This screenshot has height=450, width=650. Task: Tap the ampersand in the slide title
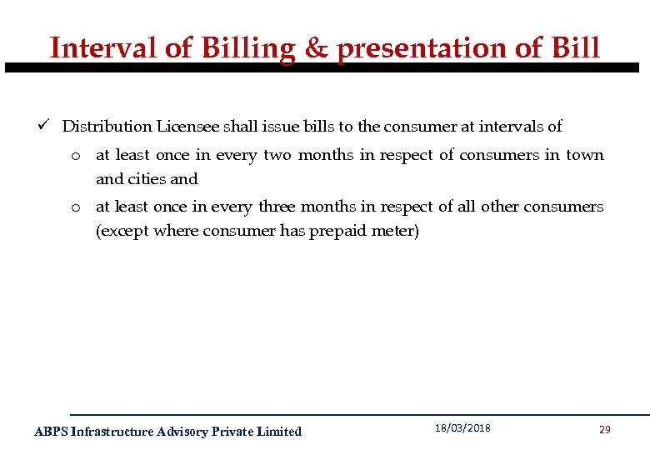point(316,47)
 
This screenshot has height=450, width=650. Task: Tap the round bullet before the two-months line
point(75,156)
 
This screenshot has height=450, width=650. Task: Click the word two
point(277,155)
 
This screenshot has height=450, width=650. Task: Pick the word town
point(585,155)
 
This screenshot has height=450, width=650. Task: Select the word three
point(277,206)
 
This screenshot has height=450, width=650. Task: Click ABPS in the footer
point(51,431)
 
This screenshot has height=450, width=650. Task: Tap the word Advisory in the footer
point(182,431)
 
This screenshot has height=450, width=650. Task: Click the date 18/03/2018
point(462,428)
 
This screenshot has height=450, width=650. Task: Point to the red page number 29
point(605,429)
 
